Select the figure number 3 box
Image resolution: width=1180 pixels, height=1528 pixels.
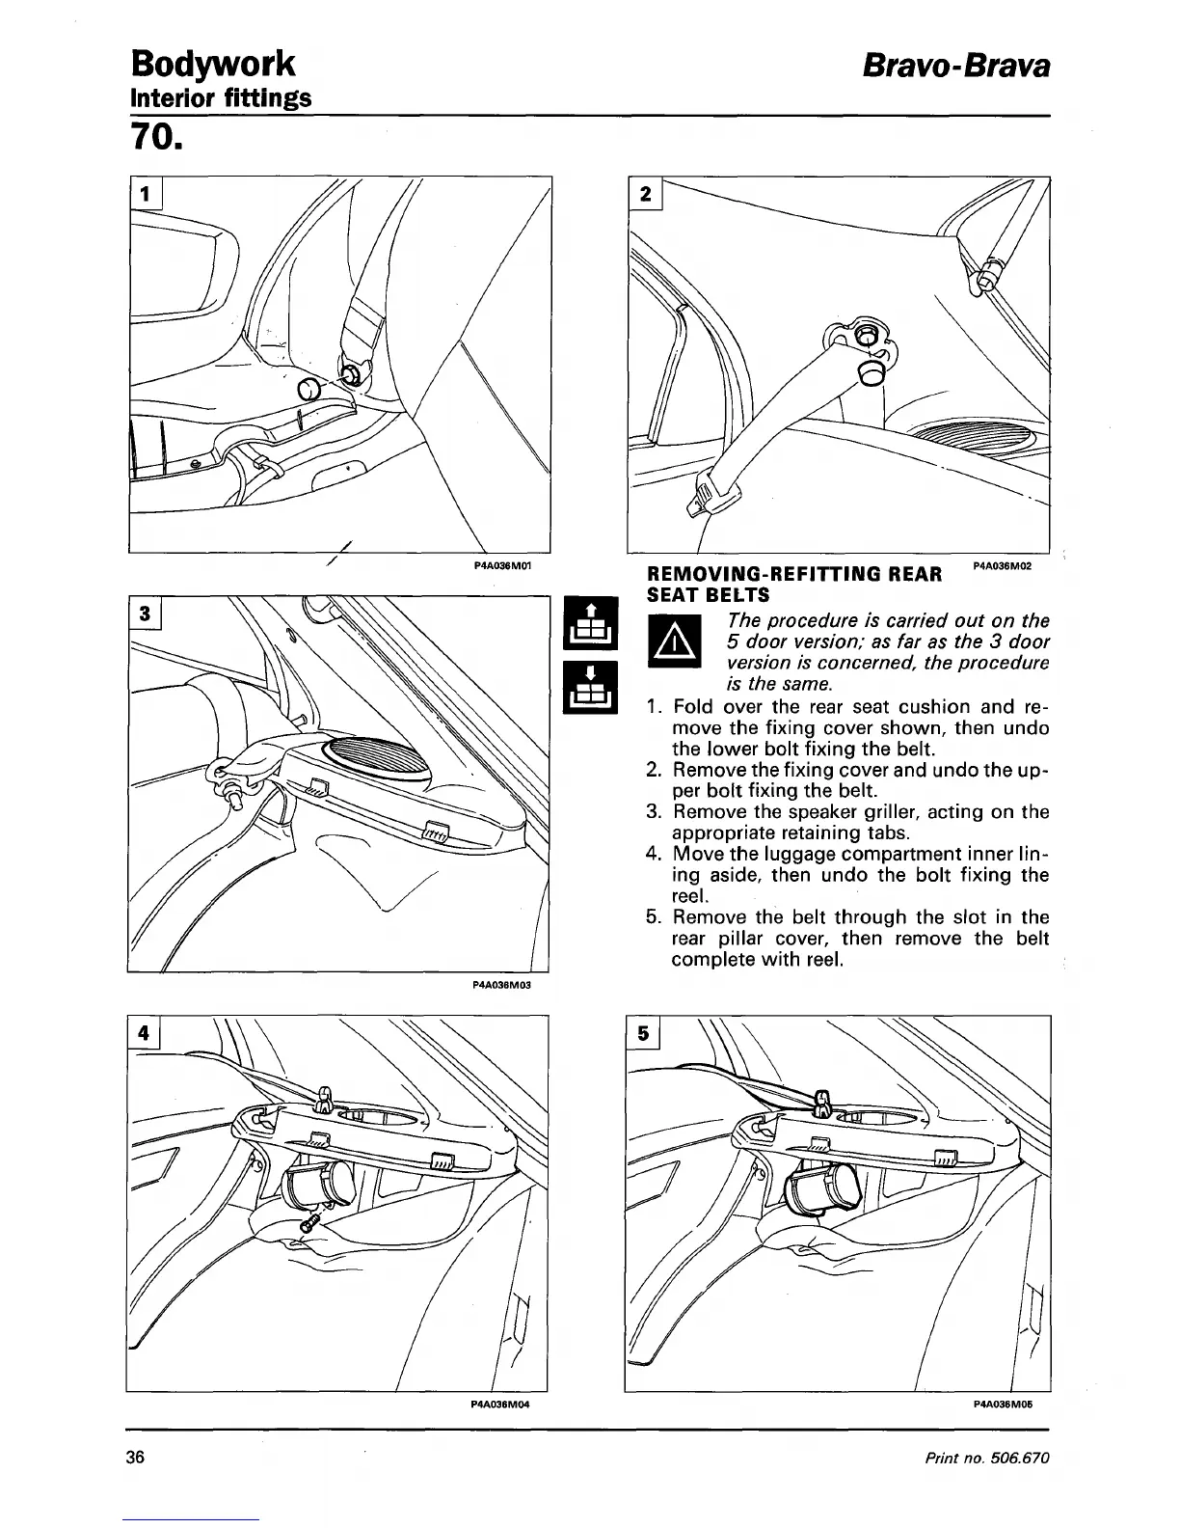click(145, 614)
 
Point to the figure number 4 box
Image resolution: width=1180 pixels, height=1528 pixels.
click(145, 1032)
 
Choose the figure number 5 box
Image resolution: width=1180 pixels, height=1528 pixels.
click(645, 1032)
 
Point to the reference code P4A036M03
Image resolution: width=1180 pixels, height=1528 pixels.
click(501, 986)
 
